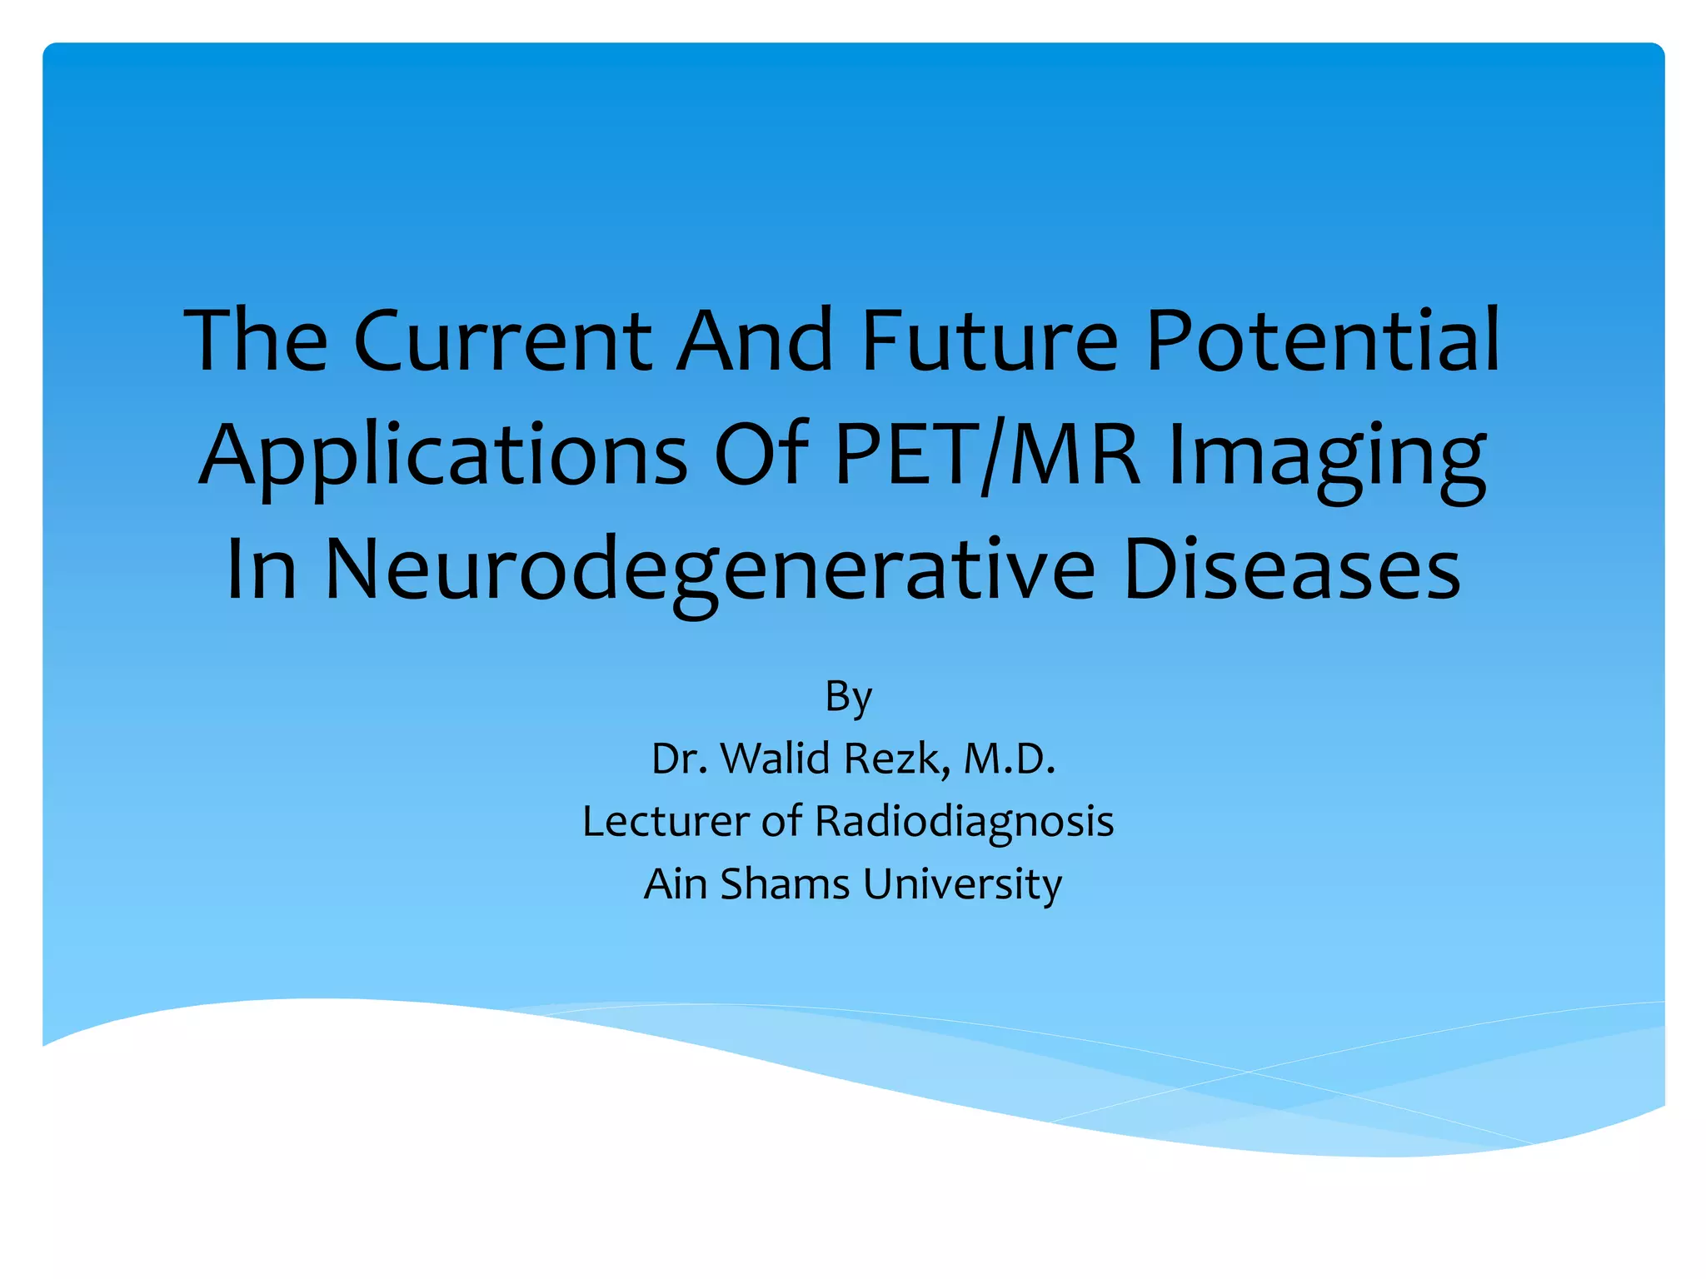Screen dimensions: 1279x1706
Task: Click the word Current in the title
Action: click(502, 341)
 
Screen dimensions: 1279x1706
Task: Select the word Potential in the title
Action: click(1323, 341)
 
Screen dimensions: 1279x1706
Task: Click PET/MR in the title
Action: click(987, 455)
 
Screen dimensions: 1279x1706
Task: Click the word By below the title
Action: click(848, 697)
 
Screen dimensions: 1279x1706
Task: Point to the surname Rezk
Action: click(896, 759)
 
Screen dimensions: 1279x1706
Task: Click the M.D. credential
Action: click(1009, 759)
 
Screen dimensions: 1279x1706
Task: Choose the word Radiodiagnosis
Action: click(964, 823)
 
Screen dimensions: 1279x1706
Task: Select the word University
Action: click(962, 885)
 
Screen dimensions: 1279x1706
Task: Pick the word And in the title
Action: click(755, 341)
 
